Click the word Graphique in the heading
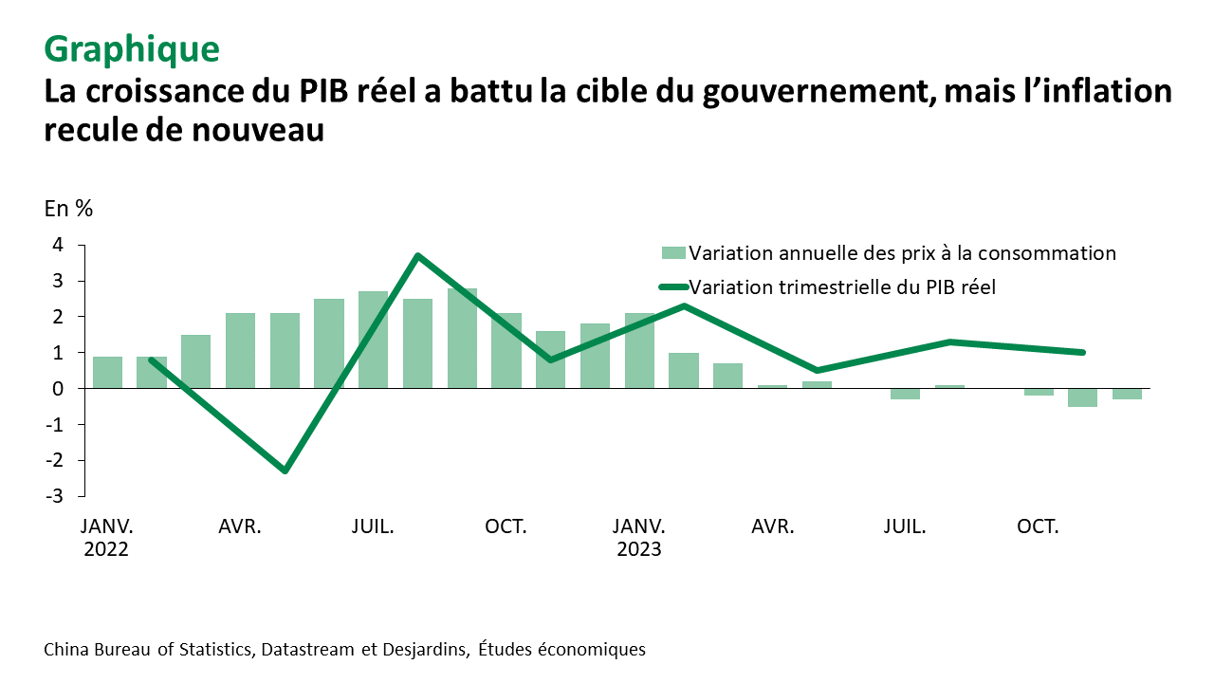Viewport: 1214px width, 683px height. (x=132, y=47)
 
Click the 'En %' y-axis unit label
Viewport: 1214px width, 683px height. (x=68, y=210)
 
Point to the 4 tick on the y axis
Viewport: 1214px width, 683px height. (x=58, y=245)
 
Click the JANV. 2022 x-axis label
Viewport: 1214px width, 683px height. (x=106, y=537)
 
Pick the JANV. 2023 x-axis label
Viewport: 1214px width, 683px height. (x=638, y=537)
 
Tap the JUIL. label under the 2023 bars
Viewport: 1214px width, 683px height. (x=905, y=526)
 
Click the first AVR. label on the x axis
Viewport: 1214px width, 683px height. (x=240, y=526)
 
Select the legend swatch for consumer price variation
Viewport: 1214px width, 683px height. (x=673, y=253)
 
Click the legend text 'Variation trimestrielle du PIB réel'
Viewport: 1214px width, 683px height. (x=842, y=286)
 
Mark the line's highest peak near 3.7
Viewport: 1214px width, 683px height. (x=417, y=255)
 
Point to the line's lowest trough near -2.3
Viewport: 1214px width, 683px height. (x=285, y=471)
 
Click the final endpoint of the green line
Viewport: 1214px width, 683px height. (x=1082, y=352)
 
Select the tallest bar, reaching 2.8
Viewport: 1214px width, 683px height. (x=462, y=339)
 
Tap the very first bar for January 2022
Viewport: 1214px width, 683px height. (x=107, y=373)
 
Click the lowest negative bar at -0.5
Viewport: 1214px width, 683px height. (x=1082, y=397)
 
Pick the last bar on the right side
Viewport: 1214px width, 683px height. (x=1127, y=394)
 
